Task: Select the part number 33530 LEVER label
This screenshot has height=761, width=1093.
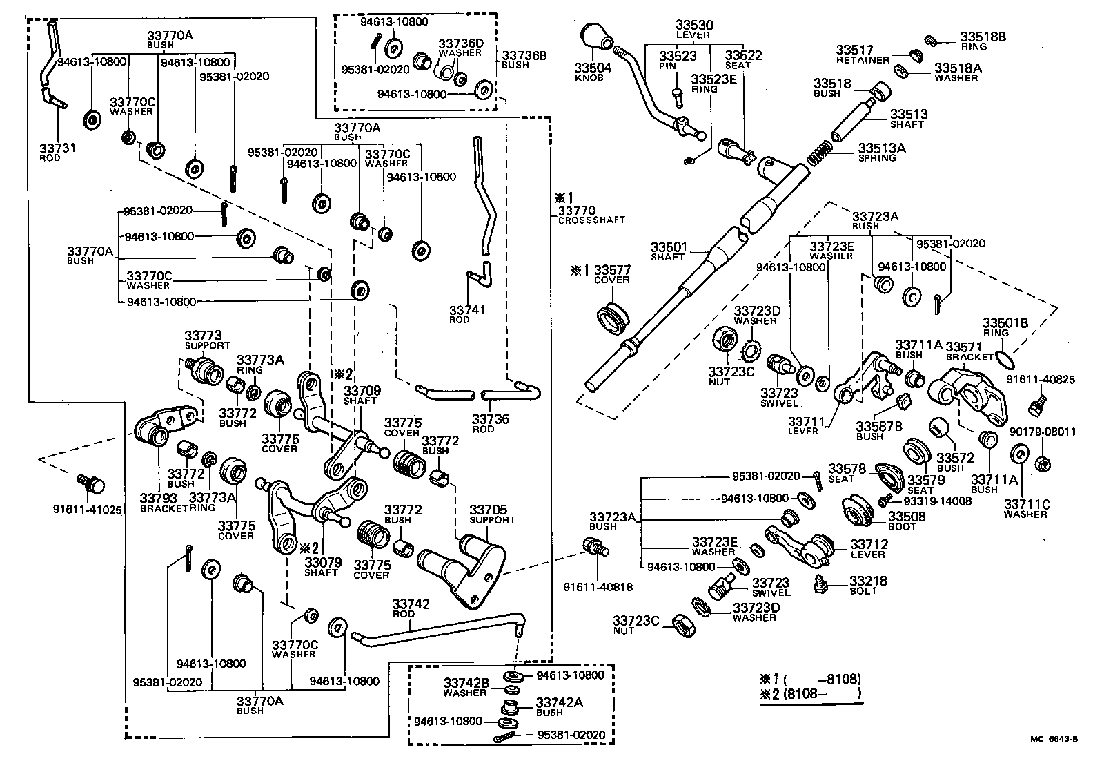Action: [694, 30]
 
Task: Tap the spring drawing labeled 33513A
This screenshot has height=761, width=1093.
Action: [821, 153]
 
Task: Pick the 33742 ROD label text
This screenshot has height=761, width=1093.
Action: [411, 608]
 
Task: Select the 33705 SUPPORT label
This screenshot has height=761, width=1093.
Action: [492, 514]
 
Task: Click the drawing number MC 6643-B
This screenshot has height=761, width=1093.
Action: [1054, 739]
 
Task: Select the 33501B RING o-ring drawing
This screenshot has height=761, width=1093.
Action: [1005, 357]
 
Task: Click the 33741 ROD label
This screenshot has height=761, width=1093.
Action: [467, 314]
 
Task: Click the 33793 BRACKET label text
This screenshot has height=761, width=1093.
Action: [161, 502]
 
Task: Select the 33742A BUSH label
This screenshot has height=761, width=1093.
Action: [559, 706]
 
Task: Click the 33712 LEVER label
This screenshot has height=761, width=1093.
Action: [868, 549]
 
